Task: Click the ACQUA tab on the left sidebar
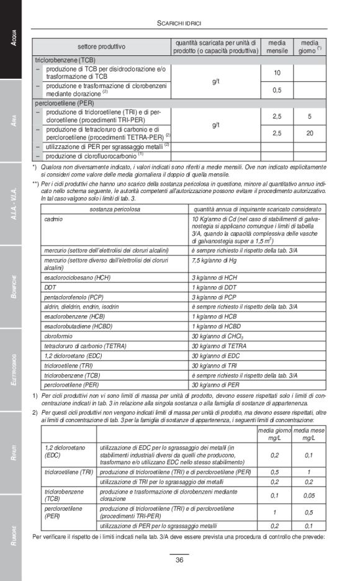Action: point(11,40)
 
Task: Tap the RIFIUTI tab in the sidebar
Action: point(11,453)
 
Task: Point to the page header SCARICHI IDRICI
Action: point(179,23)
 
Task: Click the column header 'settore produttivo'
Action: point(101,47)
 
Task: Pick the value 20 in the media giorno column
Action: point(309,133)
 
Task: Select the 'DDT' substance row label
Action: point(50,287)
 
